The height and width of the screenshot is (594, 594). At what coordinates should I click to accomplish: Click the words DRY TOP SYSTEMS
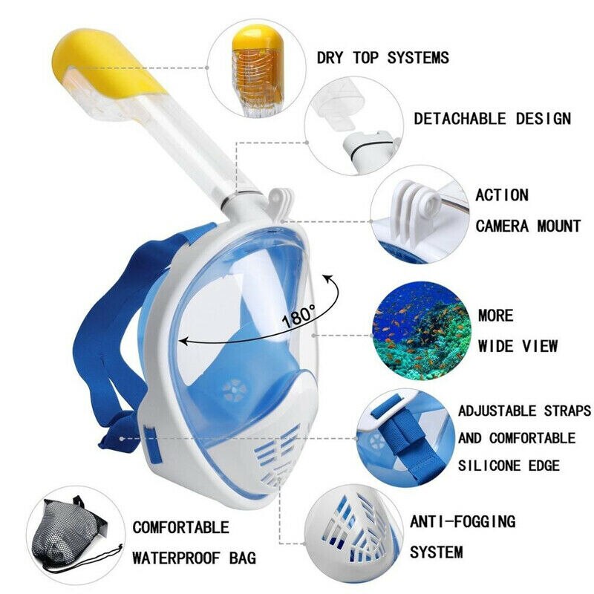tap(382, 57)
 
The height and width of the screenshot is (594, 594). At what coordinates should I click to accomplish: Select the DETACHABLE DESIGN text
tap(492, 118)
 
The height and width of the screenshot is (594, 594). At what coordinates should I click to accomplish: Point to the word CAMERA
tap(505, 226)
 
